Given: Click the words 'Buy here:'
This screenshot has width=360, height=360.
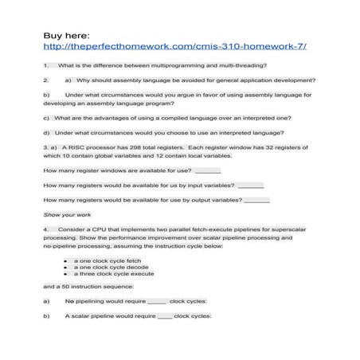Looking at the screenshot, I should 66,34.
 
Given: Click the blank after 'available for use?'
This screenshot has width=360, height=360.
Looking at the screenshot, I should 208,171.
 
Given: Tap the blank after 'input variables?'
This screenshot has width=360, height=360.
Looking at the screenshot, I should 250,186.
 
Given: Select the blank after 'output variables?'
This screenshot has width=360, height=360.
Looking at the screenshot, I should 256,200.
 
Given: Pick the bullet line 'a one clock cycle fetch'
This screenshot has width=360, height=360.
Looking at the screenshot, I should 107,260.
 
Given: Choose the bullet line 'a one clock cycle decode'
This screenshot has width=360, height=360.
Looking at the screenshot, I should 111,267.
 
